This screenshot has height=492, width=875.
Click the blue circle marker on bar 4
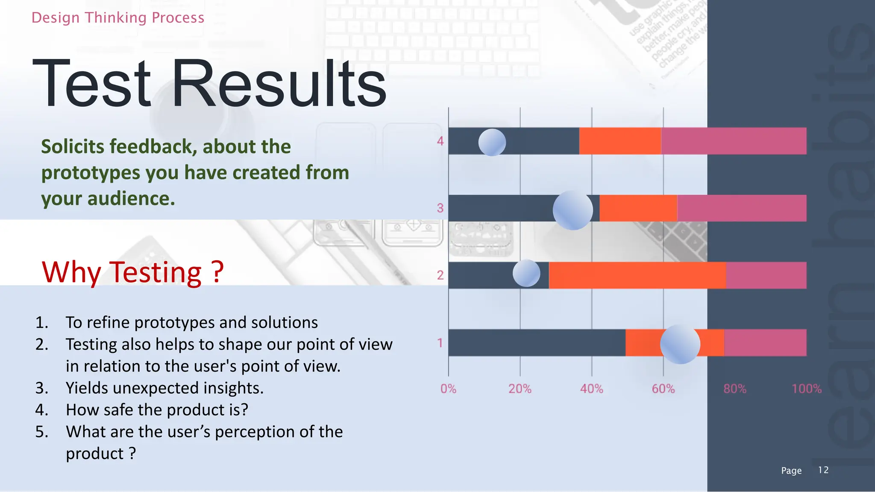pyautogui.click(x=492, y=143)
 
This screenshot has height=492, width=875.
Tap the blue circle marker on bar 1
pyautogui.click(x=680, y=344)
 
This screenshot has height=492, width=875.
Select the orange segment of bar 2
pyautogui.click(x=637, y=275)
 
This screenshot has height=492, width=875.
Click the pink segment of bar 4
pyautogui.click(x=733, y=141)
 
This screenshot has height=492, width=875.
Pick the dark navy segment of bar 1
pyautogui.click(x=536, y=343)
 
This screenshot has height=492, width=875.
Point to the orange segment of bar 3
pyautogui.click(x=638, y=208)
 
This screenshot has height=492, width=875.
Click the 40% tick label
pyautogui.click(x=591, y=389)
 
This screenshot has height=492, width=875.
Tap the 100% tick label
pyautogui.click(x=806, y=389)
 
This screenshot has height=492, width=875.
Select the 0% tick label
pyautogui.click(x=448, y=389)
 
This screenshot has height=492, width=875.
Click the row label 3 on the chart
pyautogui.click(x=440, y=208)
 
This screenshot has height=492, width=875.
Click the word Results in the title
pyautogui.click(x=279, y=83)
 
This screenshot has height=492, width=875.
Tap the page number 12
pyautogui.click(x=823, y=470)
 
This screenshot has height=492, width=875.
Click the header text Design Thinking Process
pyautogui.click(x=118, y=18)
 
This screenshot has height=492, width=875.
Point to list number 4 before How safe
pyautogui.click(x=41, y=410)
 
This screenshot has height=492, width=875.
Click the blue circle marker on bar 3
pyautogui.click(x=573, y=210)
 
